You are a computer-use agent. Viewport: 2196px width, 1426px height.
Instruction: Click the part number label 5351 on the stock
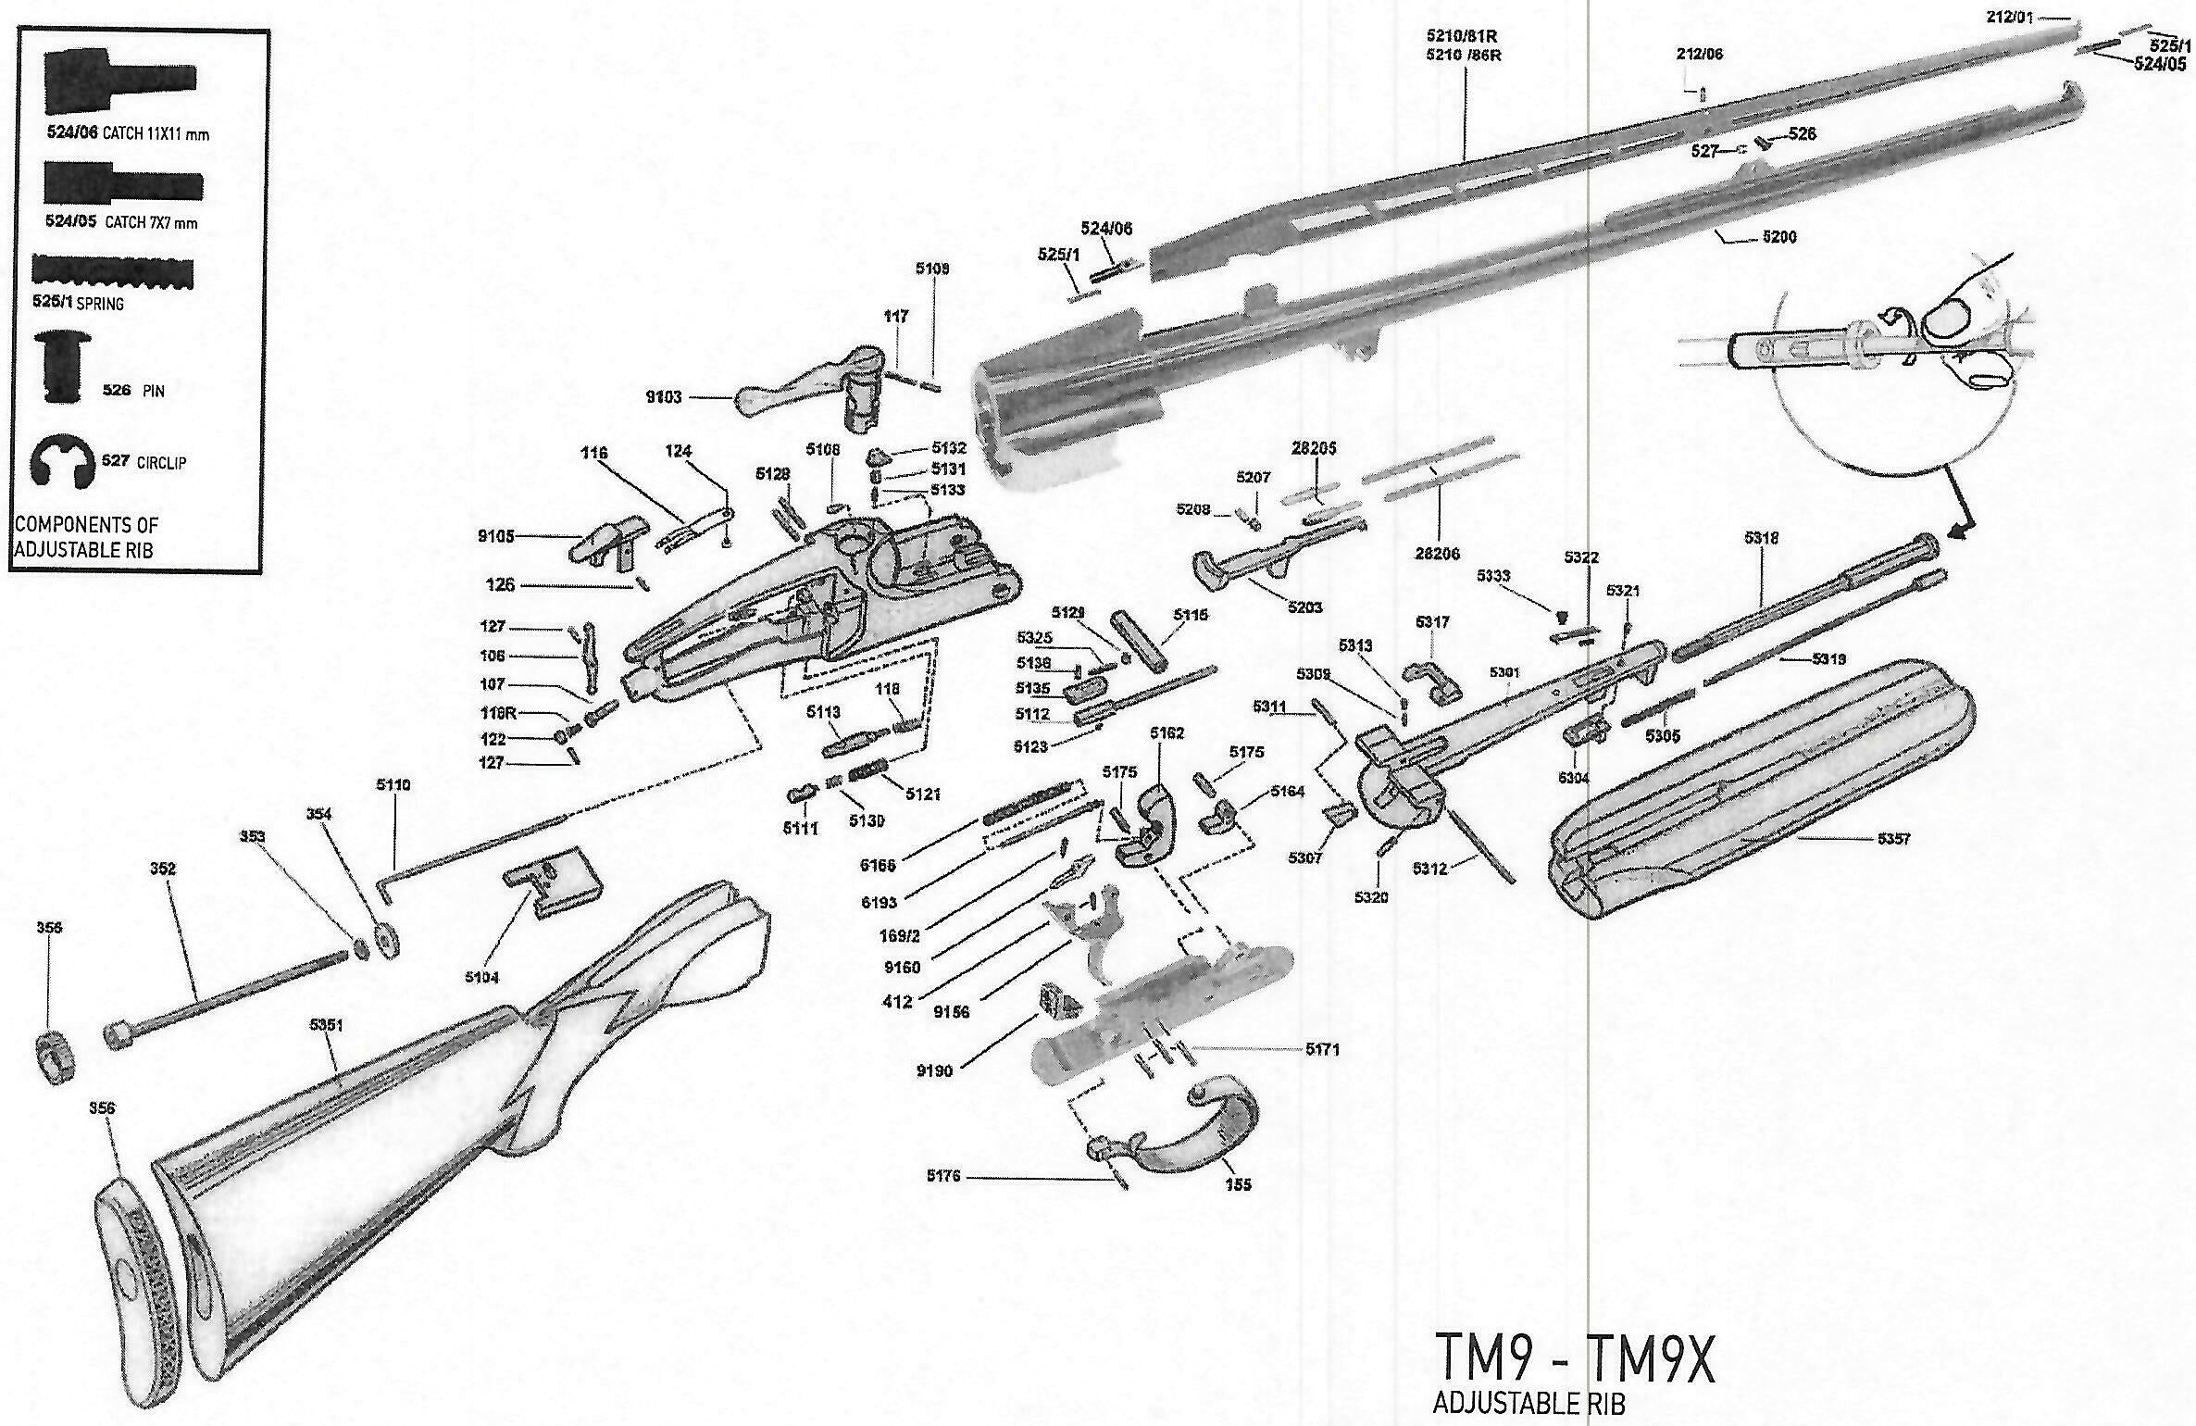point(326,1025)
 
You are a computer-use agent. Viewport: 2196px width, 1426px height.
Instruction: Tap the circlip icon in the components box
point(63,460)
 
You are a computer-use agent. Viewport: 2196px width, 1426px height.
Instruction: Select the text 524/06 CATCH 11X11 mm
point(128,133)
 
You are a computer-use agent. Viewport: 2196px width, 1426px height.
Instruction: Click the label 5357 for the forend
point(1893,839)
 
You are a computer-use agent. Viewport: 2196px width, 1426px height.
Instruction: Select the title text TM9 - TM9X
point(1574,1358)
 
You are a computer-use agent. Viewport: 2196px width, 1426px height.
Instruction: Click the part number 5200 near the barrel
point(1778,237)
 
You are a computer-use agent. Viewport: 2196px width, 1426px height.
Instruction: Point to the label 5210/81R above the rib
point(1463,36)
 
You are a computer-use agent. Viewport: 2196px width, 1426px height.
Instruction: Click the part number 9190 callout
point(933,1071)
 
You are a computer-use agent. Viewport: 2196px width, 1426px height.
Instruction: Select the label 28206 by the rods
point(1437,553)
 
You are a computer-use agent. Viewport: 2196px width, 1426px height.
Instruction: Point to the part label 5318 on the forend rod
point(1761,538)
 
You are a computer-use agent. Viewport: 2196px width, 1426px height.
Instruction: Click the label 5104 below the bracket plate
point(481,977)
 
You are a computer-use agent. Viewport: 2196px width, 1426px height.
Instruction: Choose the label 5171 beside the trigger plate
point(1322,1049)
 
